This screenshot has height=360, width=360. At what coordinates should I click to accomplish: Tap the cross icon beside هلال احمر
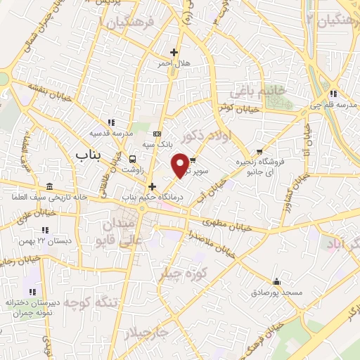(x=174, y=52)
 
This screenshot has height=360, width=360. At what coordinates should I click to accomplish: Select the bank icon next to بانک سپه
(x=157, y=134)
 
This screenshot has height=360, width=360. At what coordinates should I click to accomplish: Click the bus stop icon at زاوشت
(x=132, y=158)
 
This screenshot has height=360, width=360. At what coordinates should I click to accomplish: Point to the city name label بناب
(x=86, y=153)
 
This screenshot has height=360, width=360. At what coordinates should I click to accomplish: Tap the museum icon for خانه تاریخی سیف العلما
(x=49, y=187)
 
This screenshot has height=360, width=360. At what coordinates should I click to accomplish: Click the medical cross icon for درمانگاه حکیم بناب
(x=152, y=186)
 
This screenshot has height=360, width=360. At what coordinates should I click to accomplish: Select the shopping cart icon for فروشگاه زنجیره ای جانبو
(x=259, y=151)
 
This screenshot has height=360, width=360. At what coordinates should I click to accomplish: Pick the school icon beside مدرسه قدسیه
(x=109, y=122)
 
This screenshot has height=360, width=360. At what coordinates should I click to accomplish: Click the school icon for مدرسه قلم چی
(x=334, y=94)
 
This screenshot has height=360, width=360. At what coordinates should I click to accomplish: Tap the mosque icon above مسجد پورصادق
(x=277, y=280)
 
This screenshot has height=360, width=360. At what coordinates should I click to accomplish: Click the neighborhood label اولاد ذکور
(x=209, y=141)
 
